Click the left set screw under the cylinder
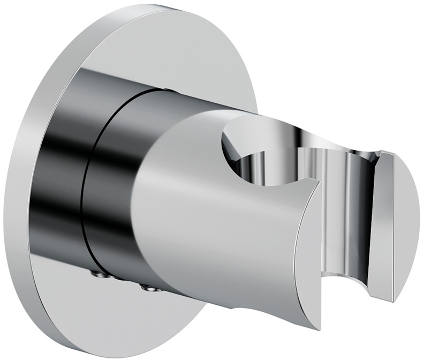tap(100, 275)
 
